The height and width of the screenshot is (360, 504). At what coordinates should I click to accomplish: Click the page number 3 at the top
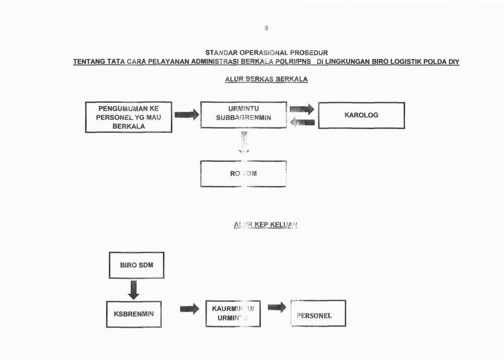(266, 28)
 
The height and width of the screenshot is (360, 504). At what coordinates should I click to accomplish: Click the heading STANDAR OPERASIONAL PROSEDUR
(266, 53)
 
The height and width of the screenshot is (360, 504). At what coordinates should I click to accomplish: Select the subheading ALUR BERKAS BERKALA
(266, 80)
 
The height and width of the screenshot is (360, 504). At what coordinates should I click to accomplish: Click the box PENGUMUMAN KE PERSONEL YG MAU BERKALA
(128, 117)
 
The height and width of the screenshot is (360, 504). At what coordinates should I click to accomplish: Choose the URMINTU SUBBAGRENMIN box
(243, 114)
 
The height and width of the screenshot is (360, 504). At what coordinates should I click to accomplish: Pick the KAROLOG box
(361, 115)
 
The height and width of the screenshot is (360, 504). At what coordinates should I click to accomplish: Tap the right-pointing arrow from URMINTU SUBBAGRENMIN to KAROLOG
(302, 109)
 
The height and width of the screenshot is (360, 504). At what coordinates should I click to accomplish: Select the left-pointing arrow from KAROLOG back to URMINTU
(302, 122)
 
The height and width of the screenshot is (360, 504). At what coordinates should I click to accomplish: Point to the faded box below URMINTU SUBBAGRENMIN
(243, 174)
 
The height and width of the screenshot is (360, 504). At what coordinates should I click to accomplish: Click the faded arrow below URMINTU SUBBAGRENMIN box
(244, 142)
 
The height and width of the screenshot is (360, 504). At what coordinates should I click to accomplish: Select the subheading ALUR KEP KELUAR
(266, 225)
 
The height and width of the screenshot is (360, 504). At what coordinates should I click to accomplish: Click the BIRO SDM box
(136, 265)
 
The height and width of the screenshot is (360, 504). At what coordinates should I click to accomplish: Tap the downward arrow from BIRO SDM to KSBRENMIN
(134, 290)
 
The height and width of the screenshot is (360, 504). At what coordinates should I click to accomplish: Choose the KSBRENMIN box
(134, 314)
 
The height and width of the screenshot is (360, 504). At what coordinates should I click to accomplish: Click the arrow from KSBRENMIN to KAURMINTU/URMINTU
(189, 309)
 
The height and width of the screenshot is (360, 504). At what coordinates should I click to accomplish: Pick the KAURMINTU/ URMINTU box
(233, 314)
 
